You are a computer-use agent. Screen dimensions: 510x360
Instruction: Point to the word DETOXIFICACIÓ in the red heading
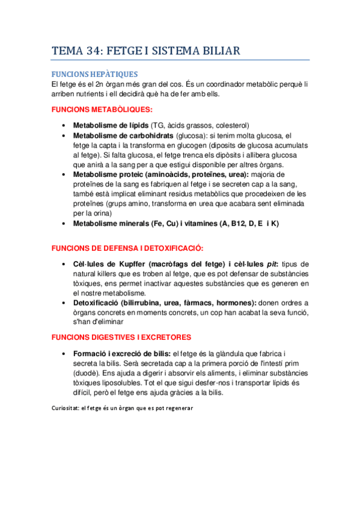coord(172,248)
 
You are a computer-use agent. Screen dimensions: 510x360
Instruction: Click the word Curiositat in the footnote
coord(69,408)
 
